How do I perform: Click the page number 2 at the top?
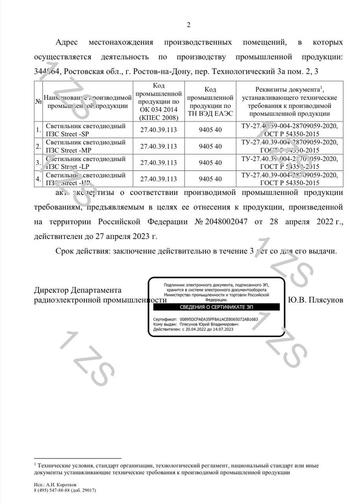point(188,25)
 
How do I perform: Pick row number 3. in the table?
point(38,163)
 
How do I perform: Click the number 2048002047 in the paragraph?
point(226,222)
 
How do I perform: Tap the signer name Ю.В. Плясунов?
point(315,300)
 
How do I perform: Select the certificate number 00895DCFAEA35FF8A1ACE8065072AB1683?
point(219,319)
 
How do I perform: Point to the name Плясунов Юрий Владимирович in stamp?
point(209,324)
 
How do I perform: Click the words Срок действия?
point(83,251)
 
